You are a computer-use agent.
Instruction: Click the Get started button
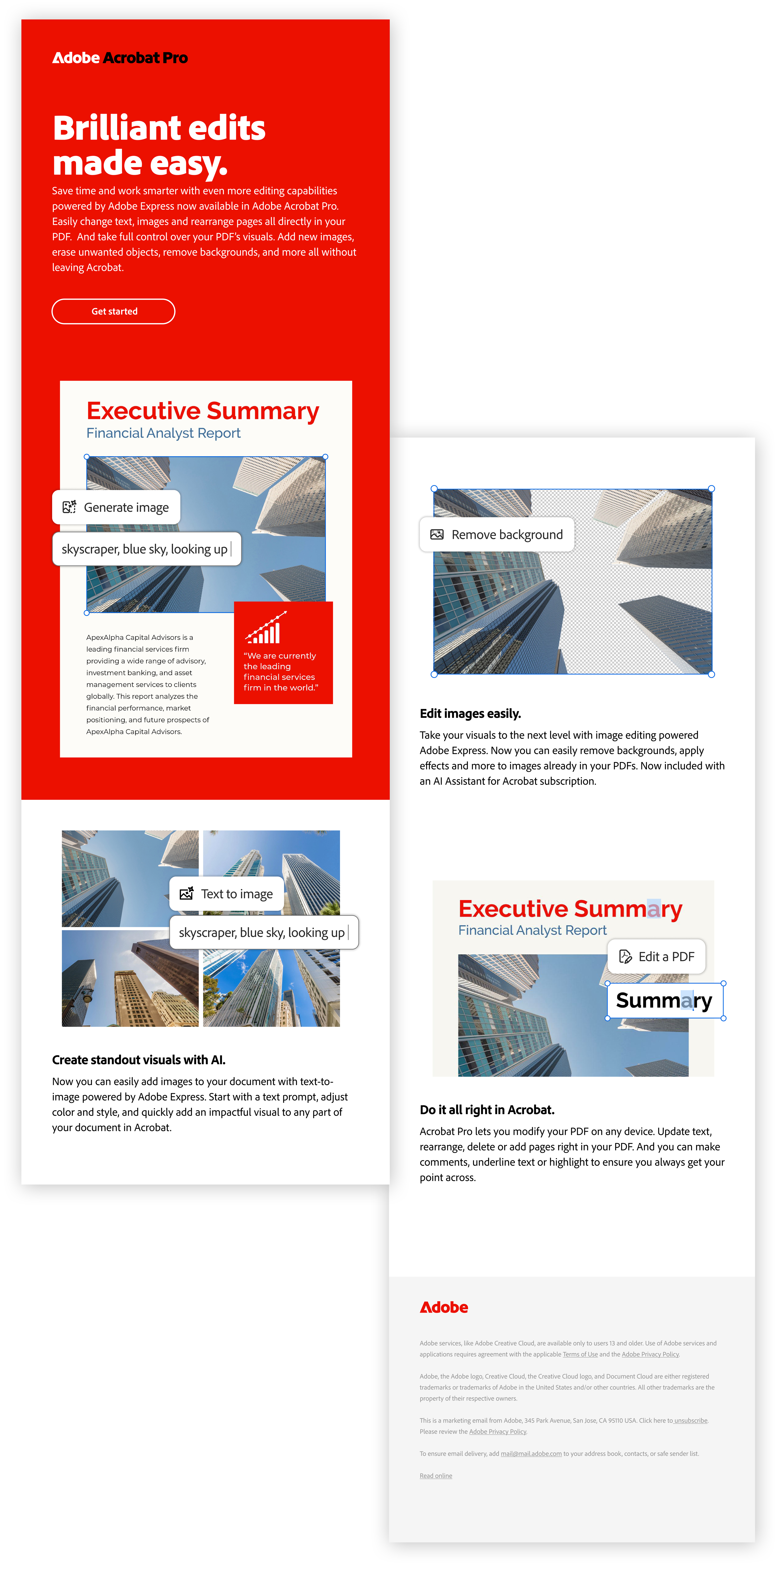click(x=114, y=311)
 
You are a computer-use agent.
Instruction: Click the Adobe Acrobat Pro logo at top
click(x=120, y=58)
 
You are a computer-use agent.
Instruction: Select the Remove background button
click(x=497, y=535)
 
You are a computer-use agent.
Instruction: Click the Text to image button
click(x=227, y=894)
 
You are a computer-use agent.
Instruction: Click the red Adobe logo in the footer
click(x=444, y=1307)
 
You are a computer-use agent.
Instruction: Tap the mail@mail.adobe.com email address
click(x=531, y=1454)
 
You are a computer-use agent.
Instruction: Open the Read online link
click(x=436, y=1476)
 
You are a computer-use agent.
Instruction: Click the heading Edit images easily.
click(x=470, y=714)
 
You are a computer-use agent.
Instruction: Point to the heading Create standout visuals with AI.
click(x=139, y=1060)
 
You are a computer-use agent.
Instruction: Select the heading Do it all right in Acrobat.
click(x=487, y=1110)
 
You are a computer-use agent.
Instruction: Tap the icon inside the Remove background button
click(x=437, y=535)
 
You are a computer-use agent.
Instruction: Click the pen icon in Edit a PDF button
click(x=626, y=957)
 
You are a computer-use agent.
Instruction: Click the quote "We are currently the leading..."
click(x=281, y=672)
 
